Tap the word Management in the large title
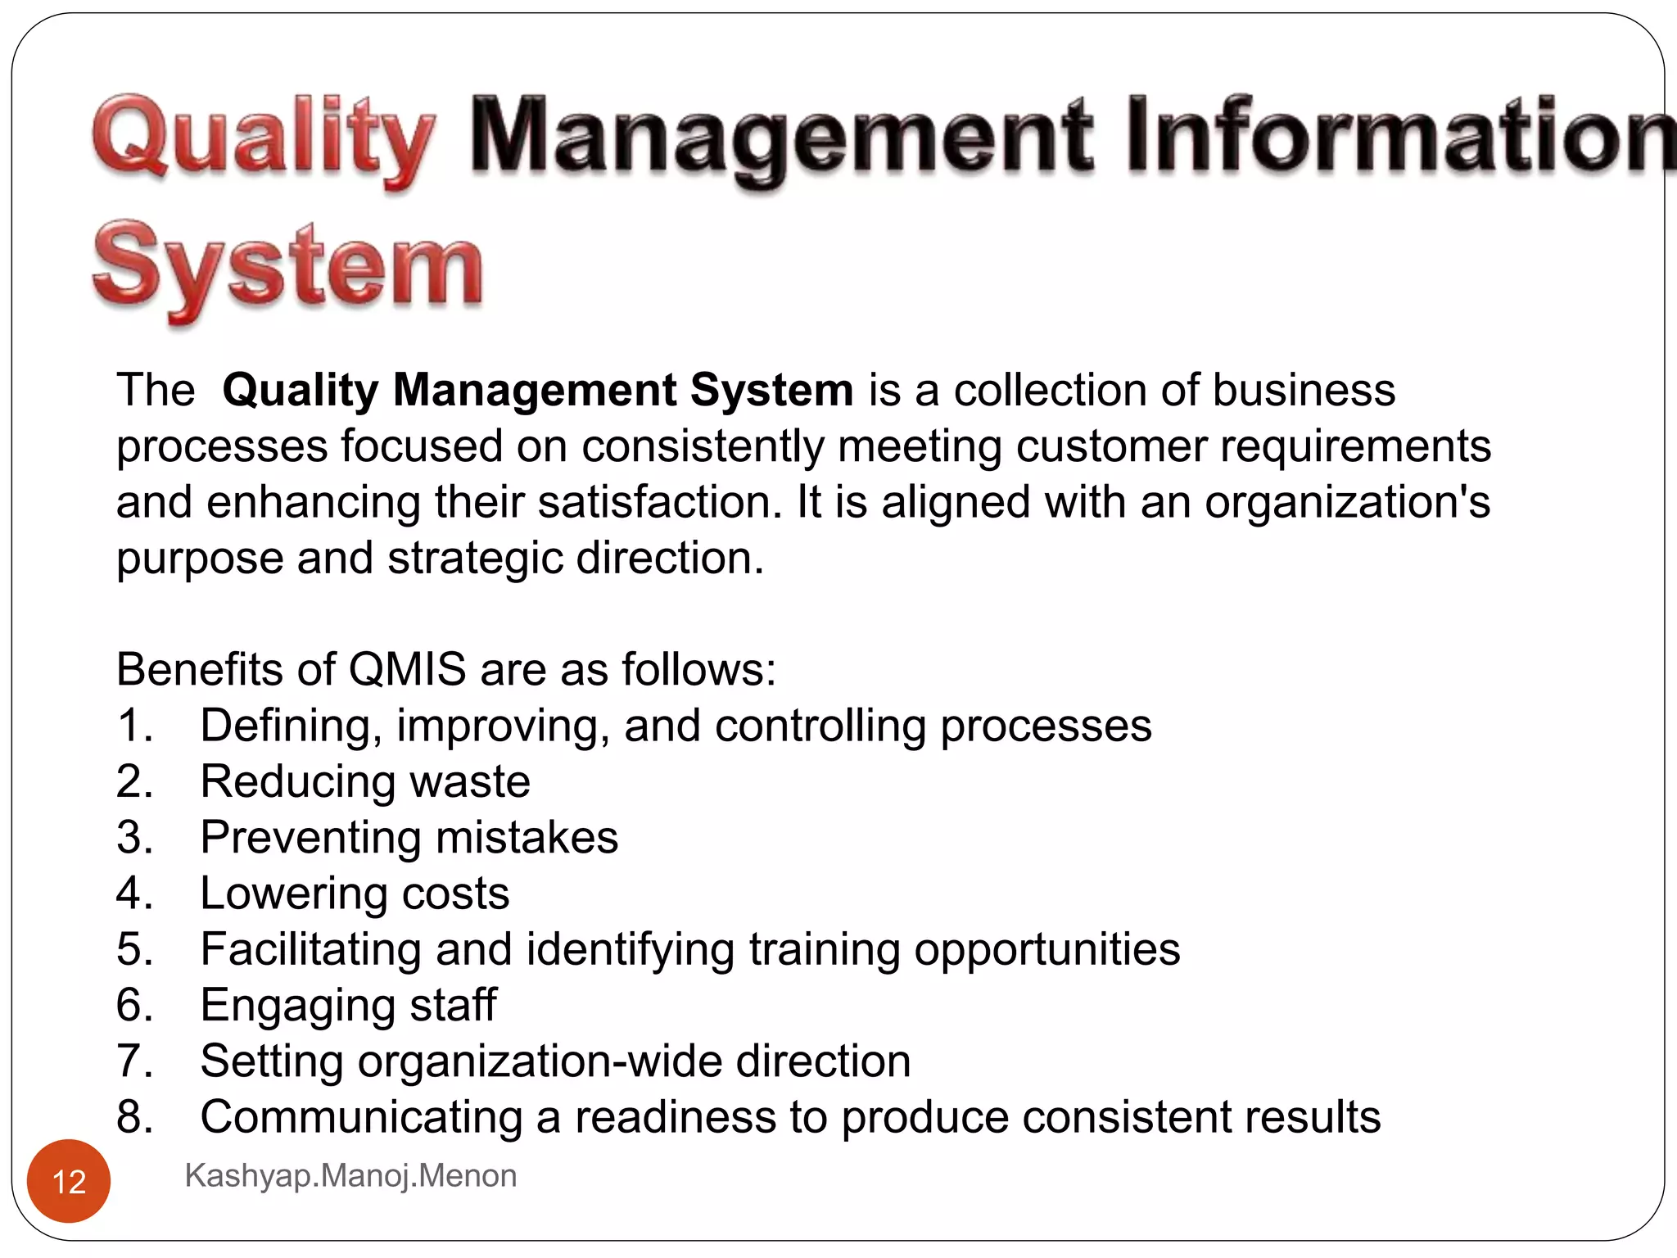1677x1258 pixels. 780,139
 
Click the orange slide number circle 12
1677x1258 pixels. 69,1181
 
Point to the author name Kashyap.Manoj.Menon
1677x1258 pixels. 350,1175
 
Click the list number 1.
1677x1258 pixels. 133,726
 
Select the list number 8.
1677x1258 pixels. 133,1116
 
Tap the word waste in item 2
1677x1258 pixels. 469,781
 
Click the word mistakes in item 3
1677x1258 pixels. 527,837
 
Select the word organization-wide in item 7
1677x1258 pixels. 540,1061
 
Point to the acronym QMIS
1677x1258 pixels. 407,669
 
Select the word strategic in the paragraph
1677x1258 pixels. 474,559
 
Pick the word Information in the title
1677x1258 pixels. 1400,139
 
